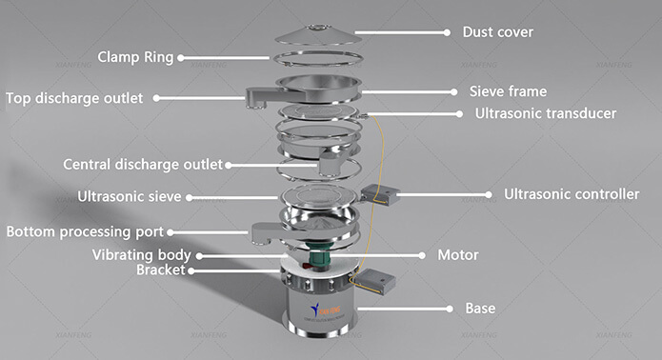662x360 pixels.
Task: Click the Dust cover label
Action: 498,32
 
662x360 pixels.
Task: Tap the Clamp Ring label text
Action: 135,57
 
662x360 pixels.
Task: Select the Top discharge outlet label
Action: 74,98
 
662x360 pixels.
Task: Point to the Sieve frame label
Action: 508,91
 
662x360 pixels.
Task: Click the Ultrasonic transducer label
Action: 546,113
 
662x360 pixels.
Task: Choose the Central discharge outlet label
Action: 143,164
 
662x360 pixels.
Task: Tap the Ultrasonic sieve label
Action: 130,196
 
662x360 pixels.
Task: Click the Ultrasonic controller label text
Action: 572,194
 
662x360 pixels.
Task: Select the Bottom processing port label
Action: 85,231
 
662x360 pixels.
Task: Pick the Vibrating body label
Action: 141,255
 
